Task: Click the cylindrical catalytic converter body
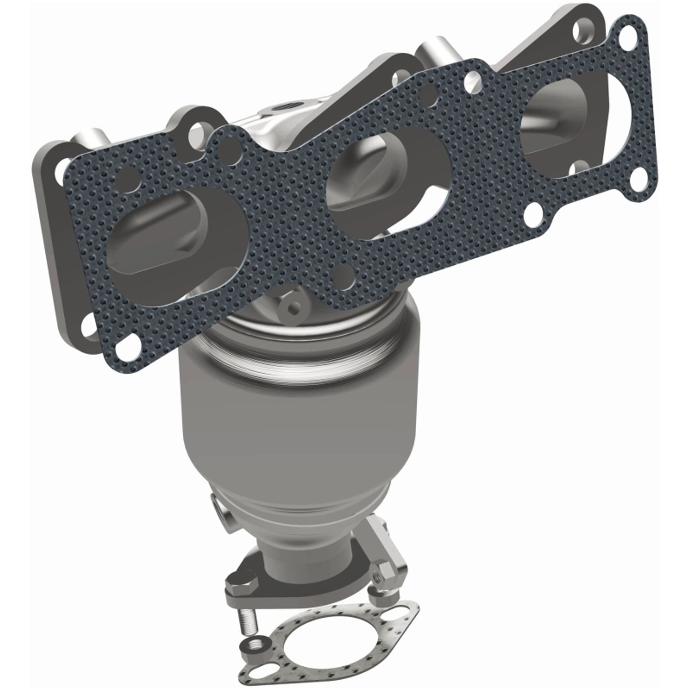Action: coord(299,431)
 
